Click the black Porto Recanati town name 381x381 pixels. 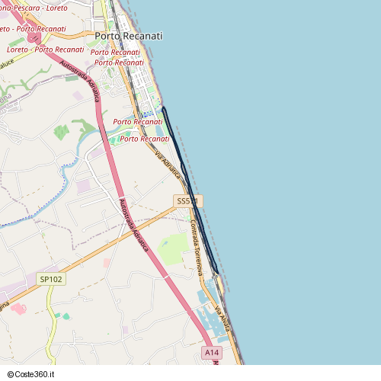(128, 36)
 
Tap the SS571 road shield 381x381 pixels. (187, 201)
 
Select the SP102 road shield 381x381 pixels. (51, 280)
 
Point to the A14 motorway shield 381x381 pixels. (213, 353)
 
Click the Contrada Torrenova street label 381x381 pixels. (197, 248)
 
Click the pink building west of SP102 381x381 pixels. (18, 309)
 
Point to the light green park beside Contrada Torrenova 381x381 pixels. (175, 248)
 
